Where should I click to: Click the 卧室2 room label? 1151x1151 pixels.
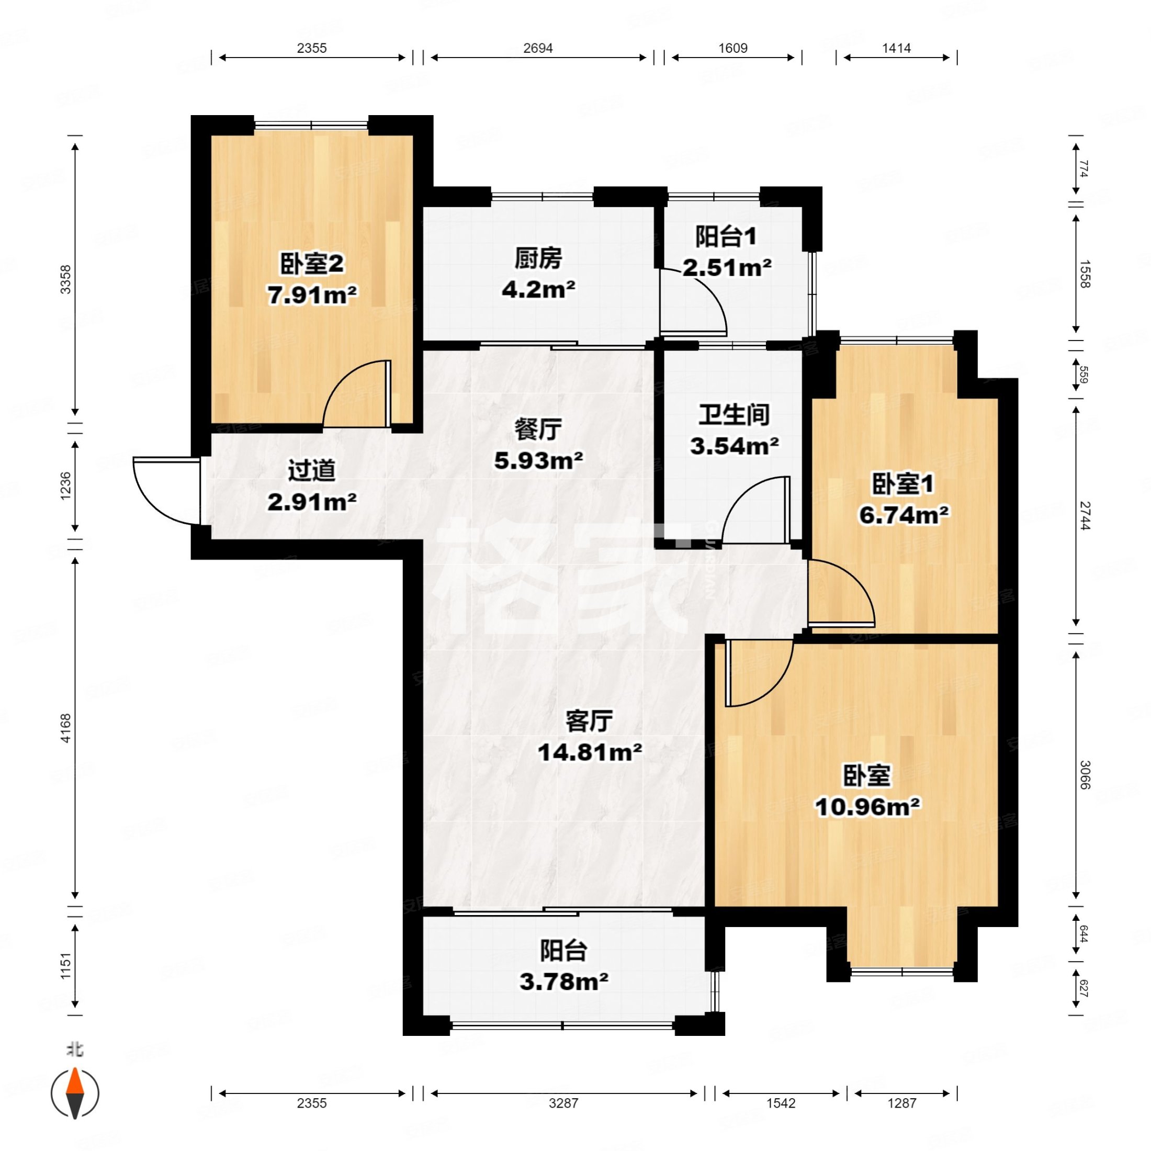point(312,264)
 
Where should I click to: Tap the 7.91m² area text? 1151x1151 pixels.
point(312,295)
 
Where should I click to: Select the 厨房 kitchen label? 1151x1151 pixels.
point(538,258)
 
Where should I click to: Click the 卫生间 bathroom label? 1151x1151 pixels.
point(734,415)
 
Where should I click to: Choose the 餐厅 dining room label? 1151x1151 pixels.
point(538,430)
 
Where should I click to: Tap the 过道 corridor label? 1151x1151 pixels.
point(312,471)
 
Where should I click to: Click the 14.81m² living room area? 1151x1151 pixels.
point(590,752)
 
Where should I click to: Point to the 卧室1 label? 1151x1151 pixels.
point(903,484)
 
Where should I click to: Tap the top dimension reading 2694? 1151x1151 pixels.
point(538,48)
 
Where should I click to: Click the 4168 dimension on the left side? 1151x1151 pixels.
point(65,728)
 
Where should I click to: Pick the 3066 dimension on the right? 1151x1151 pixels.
point(1084,774)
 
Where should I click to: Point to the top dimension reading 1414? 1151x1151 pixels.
point(897,48)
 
